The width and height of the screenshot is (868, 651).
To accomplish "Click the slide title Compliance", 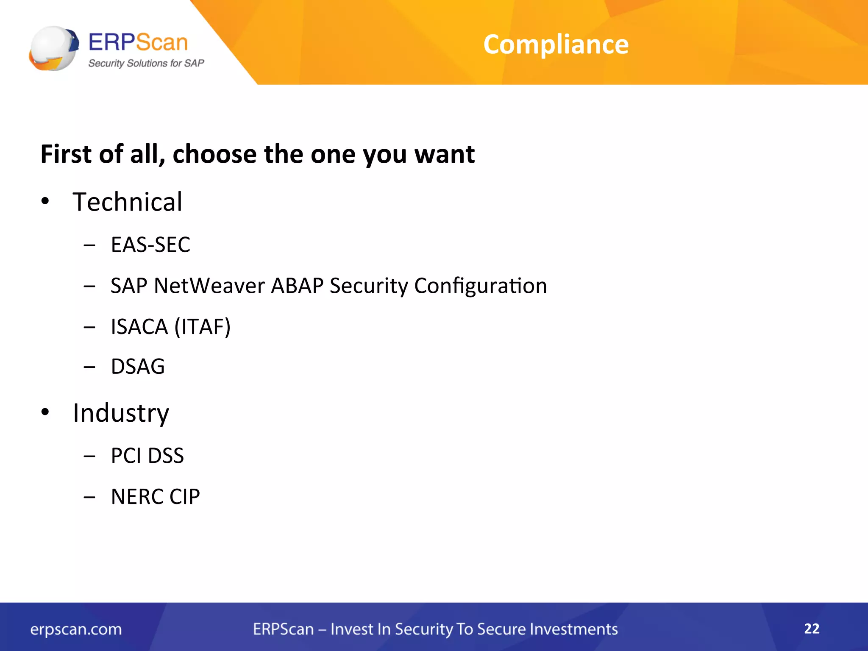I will tap(556, 45).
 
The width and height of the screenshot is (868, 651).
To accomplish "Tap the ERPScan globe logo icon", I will tap(53, 48).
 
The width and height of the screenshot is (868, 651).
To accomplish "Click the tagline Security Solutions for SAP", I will tap(146, 64).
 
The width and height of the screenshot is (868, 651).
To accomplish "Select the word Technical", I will tap(127, 202).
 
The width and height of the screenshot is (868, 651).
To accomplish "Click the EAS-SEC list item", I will tap(150, 245).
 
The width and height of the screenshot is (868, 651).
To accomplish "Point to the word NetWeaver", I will tap(209, 286).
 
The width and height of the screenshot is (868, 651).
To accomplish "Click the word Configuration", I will tap(480, 286).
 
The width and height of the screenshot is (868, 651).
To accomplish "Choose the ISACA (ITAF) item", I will tap(170, 327).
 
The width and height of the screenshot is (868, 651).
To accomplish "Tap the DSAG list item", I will tap(138, 367).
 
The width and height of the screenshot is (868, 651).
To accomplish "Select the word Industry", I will tap(121, 413).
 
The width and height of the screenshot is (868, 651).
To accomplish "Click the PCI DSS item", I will tap(147, 456).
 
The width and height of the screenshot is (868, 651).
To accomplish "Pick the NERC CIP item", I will tap(155, 497).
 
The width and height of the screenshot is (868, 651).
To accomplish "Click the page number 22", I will tap(812, 629).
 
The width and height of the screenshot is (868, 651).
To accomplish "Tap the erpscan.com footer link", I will tap(76, 629).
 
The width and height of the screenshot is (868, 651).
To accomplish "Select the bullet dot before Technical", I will tap(45, 201).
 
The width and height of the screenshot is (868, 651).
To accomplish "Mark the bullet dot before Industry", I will tap(45, 412).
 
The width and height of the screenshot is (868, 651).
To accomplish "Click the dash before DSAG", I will tap(89, 367).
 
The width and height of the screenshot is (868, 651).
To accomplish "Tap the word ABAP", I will tap(297, 286).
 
